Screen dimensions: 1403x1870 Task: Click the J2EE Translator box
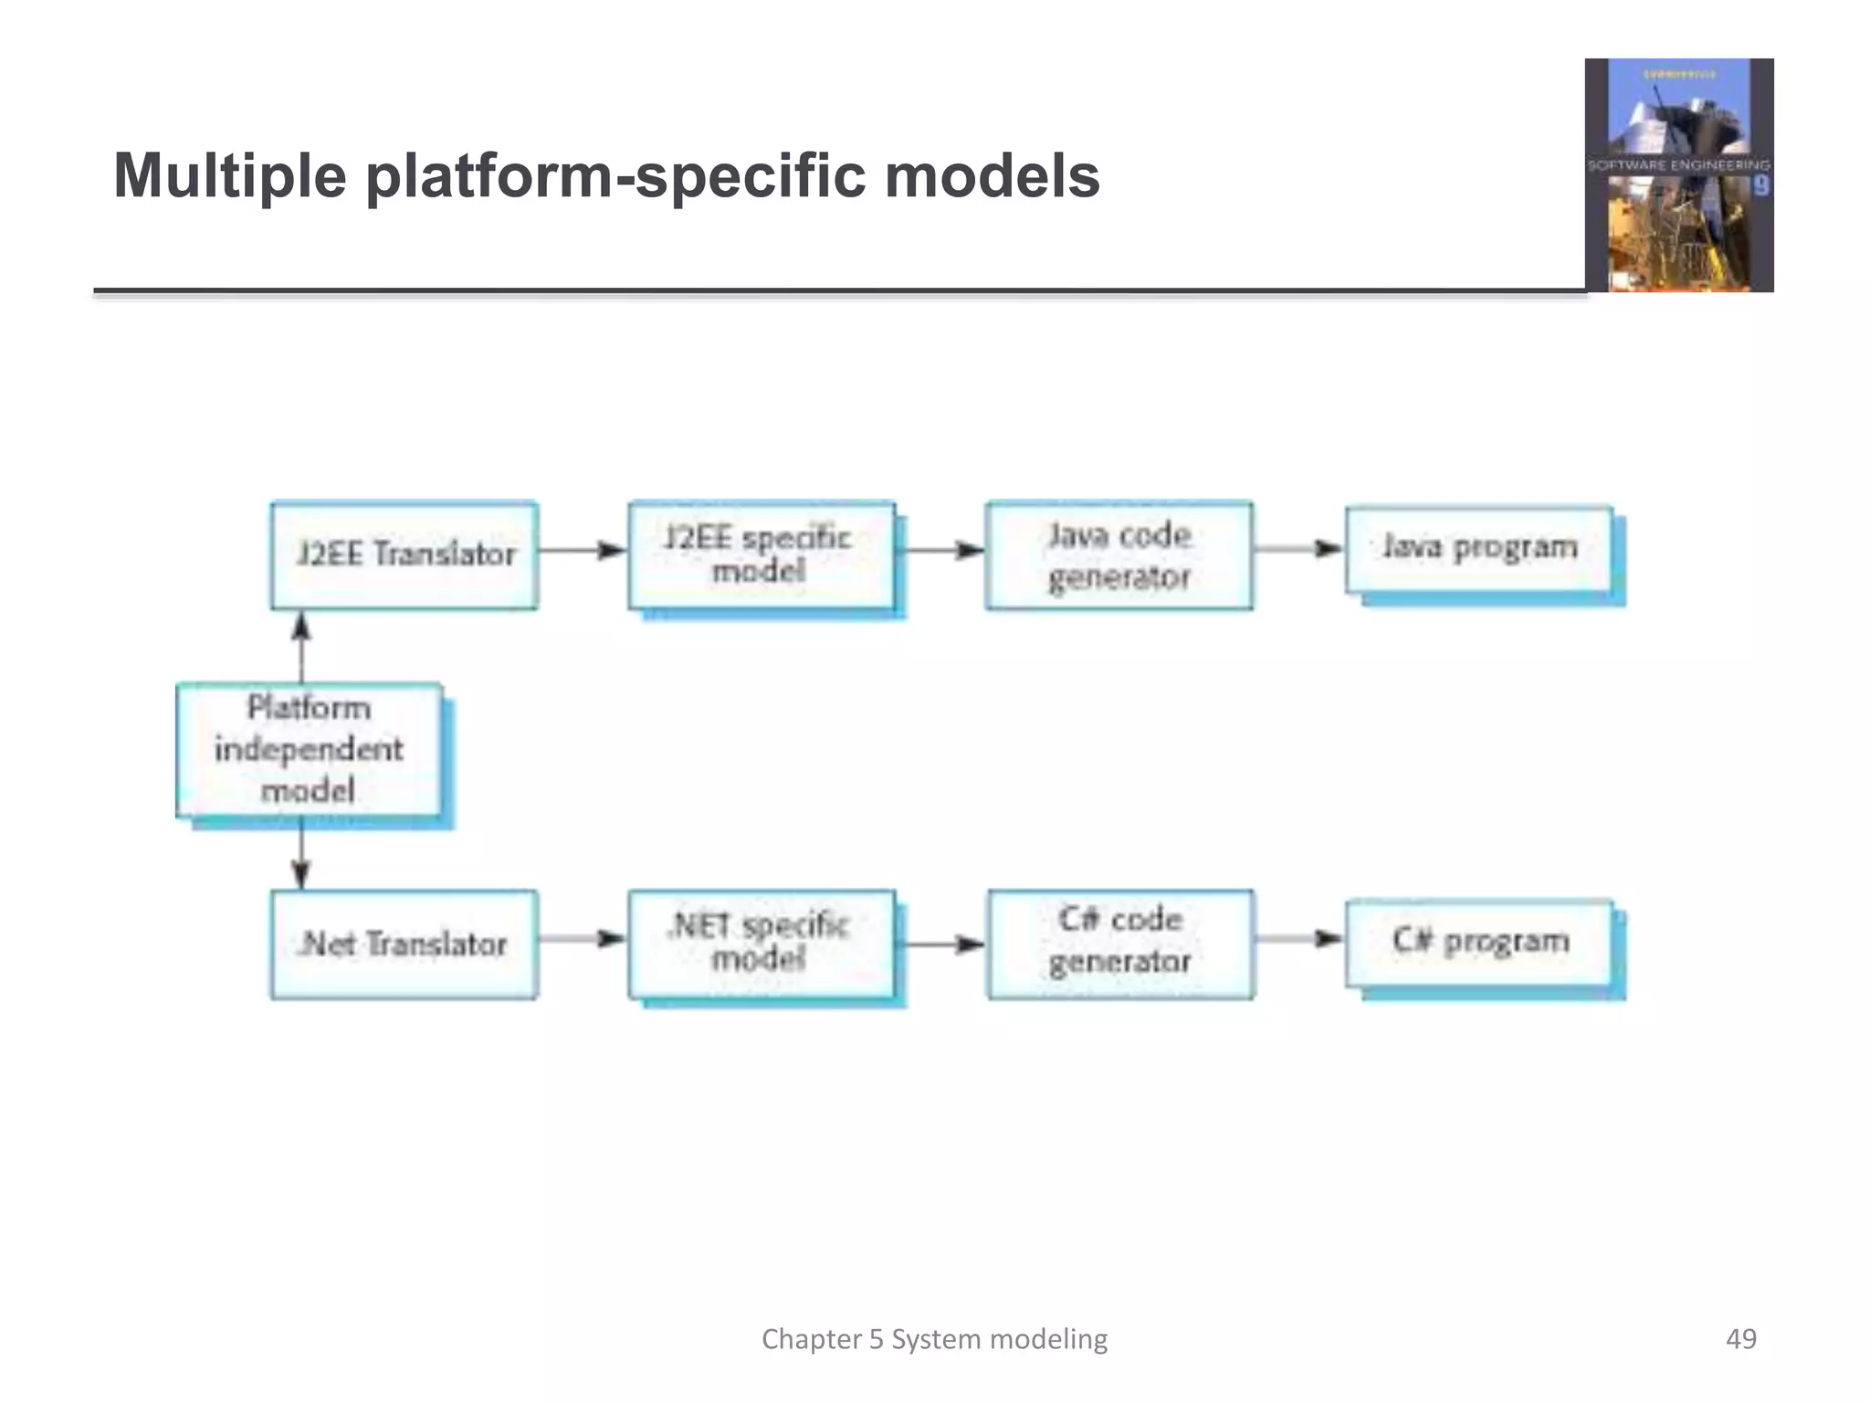(x=404, y=554)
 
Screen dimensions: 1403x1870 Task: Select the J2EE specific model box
(x=762, y=554)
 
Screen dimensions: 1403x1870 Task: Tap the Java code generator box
(x=1119, y=554)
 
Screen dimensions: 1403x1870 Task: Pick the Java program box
(x=1478, y=548)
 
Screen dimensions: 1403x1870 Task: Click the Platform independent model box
(x=310, y=749)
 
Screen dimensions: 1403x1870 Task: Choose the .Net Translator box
(x=404, y=944)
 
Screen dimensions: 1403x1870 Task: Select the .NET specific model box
(x=762, y=944)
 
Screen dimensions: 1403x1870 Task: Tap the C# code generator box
(x=1120, y=944)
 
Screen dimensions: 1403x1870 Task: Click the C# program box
(x=1478, y=942)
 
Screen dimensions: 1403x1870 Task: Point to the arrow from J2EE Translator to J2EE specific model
(x=583, y=550)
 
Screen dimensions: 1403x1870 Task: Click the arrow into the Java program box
(x=1298, y=549)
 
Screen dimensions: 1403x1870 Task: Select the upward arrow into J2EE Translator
(x=301, y=646)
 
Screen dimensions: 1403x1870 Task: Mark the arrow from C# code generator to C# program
(x=1298, y=939)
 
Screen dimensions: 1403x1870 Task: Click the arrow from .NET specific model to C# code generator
(x=940, y=944)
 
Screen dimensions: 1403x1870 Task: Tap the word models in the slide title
(x=993, y=175)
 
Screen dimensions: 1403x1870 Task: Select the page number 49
(x=1740, y=1339)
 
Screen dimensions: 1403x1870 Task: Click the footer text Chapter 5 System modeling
(x=934, y=1339)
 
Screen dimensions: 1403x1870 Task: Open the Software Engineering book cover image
(x=1679, y=175)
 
